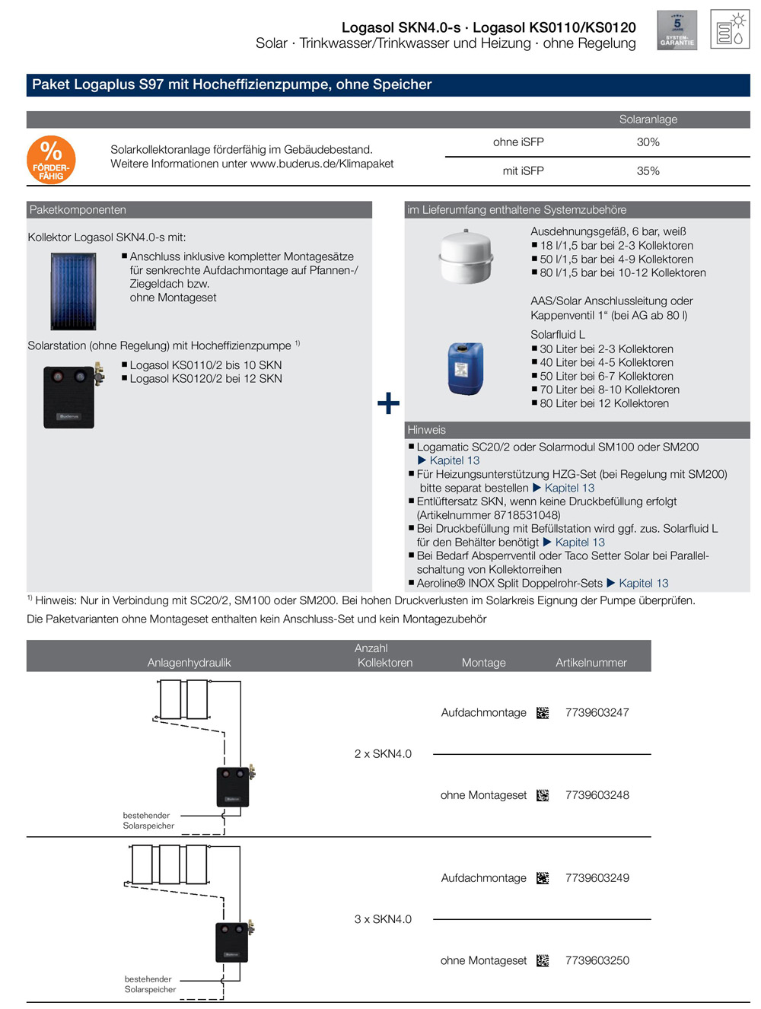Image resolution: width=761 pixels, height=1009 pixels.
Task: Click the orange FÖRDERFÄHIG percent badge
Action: pyautogui.click(x=51, y=160)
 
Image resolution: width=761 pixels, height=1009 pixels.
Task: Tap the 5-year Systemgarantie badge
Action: pyautogui.click(x=677, y=30)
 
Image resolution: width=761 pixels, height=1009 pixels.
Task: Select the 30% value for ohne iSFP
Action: pyautogui.click(x=648, y=142)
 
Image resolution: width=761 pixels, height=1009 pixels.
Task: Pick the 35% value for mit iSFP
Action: pyautogui.click(x=648, y=171)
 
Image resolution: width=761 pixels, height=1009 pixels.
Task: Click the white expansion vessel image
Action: pyautogui.click(x=466, y=256)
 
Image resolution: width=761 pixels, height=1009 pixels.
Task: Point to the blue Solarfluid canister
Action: pyautogui.click(x=465, y=369)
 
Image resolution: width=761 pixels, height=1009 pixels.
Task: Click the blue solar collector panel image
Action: pyautogui.click(x=73, y=291)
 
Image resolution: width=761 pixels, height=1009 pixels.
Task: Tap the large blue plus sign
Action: pyautogui.click(x=388, y=403)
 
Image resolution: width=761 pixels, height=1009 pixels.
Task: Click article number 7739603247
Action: pyautogui.click(x=597, y=713)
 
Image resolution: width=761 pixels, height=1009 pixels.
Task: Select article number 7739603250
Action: pyautogui.click(x=597, y=961)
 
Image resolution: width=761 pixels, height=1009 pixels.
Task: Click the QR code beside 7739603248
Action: pyautogui.click(x=543, y=795)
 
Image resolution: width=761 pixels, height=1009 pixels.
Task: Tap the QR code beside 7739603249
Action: pyautogui.click(x=543, y=878)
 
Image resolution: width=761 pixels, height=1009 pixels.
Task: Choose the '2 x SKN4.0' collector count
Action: pyautogui.click(x=383, y=754)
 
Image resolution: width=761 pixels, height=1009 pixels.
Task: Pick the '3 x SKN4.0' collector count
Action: pyautogui.click(x=383, y=919)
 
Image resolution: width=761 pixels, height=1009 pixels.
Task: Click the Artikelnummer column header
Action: pyautogui.click(x=591, y=663)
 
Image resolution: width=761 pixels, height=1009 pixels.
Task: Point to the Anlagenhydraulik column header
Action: pyautogui.click(x=189, y=663)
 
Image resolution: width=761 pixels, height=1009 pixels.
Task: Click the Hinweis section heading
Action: pyautogui.click(x=426, y=430)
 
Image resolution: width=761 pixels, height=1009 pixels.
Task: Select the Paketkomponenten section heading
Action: pyautogui.click(x=78, y=210)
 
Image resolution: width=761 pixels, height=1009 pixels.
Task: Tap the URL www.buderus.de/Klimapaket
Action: pyautogui.click(x=322, y=164)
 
